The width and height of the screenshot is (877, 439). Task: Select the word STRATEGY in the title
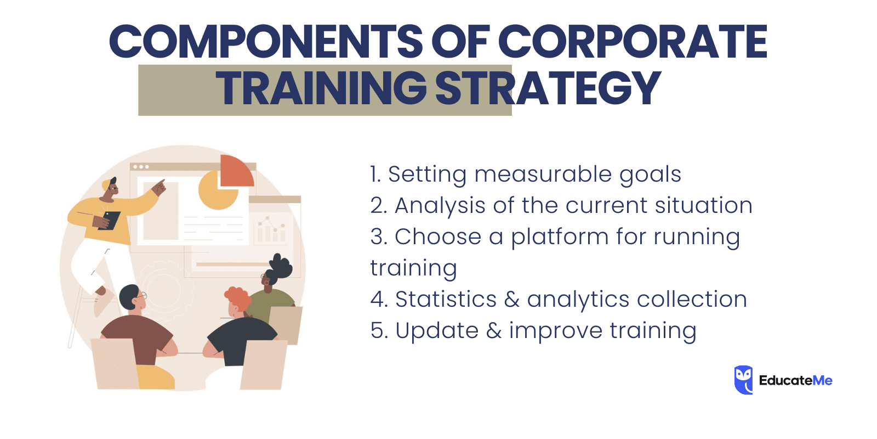click(x=548, y=88)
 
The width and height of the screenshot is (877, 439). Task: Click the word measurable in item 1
click(x=543, y=175)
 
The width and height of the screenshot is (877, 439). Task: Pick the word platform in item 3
click(x=560, y=237)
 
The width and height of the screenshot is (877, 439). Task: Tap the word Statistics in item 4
click(x=446, y=300)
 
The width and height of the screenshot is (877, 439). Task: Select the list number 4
click(x=378, y=300)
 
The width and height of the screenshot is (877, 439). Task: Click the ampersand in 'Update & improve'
click(x=494, y=331)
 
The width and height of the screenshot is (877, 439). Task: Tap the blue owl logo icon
click(x=743, y=380)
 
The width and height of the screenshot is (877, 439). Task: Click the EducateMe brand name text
click(x=795, y=380)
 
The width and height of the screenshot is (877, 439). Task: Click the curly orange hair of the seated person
click(x=237, y=298)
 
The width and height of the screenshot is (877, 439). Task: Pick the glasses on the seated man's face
click(x=141, y=296)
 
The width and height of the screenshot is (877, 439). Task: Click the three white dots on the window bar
click(x=141, y=166)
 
